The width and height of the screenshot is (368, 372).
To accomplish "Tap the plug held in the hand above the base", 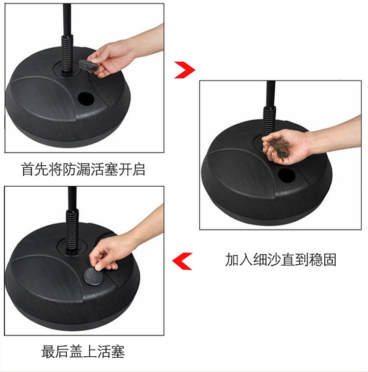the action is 88,65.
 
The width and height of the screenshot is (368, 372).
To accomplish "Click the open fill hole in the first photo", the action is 86,99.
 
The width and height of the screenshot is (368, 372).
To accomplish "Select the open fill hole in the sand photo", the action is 287,175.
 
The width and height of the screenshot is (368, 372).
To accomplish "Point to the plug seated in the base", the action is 93,276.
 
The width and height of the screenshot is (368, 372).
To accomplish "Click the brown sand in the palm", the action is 280,146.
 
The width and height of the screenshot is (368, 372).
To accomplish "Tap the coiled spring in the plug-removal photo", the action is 67,54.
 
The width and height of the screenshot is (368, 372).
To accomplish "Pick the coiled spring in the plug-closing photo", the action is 72,229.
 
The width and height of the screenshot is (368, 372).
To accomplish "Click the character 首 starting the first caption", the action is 27,169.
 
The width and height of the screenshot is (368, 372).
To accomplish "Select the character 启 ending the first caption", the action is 139,169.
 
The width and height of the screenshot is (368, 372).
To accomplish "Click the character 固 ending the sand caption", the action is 330,259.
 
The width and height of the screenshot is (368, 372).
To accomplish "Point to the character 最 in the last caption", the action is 48,351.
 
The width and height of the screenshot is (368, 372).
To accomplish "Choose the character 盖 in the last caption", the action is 76,351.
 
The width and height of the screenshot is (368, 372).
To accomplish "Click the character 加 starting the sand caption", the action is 232,259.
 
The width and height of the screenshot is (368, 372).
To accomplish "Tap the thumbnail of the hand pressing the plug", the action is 84,261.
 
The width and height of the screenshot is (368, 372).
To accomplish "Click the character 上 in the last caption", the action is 90,351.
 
